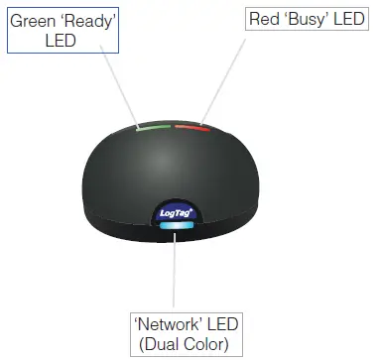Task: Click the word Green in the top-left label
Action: (35, 20)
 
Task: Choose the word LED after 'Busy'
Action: (352, 20)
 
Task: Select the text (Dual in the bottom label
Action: (161, 345)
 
